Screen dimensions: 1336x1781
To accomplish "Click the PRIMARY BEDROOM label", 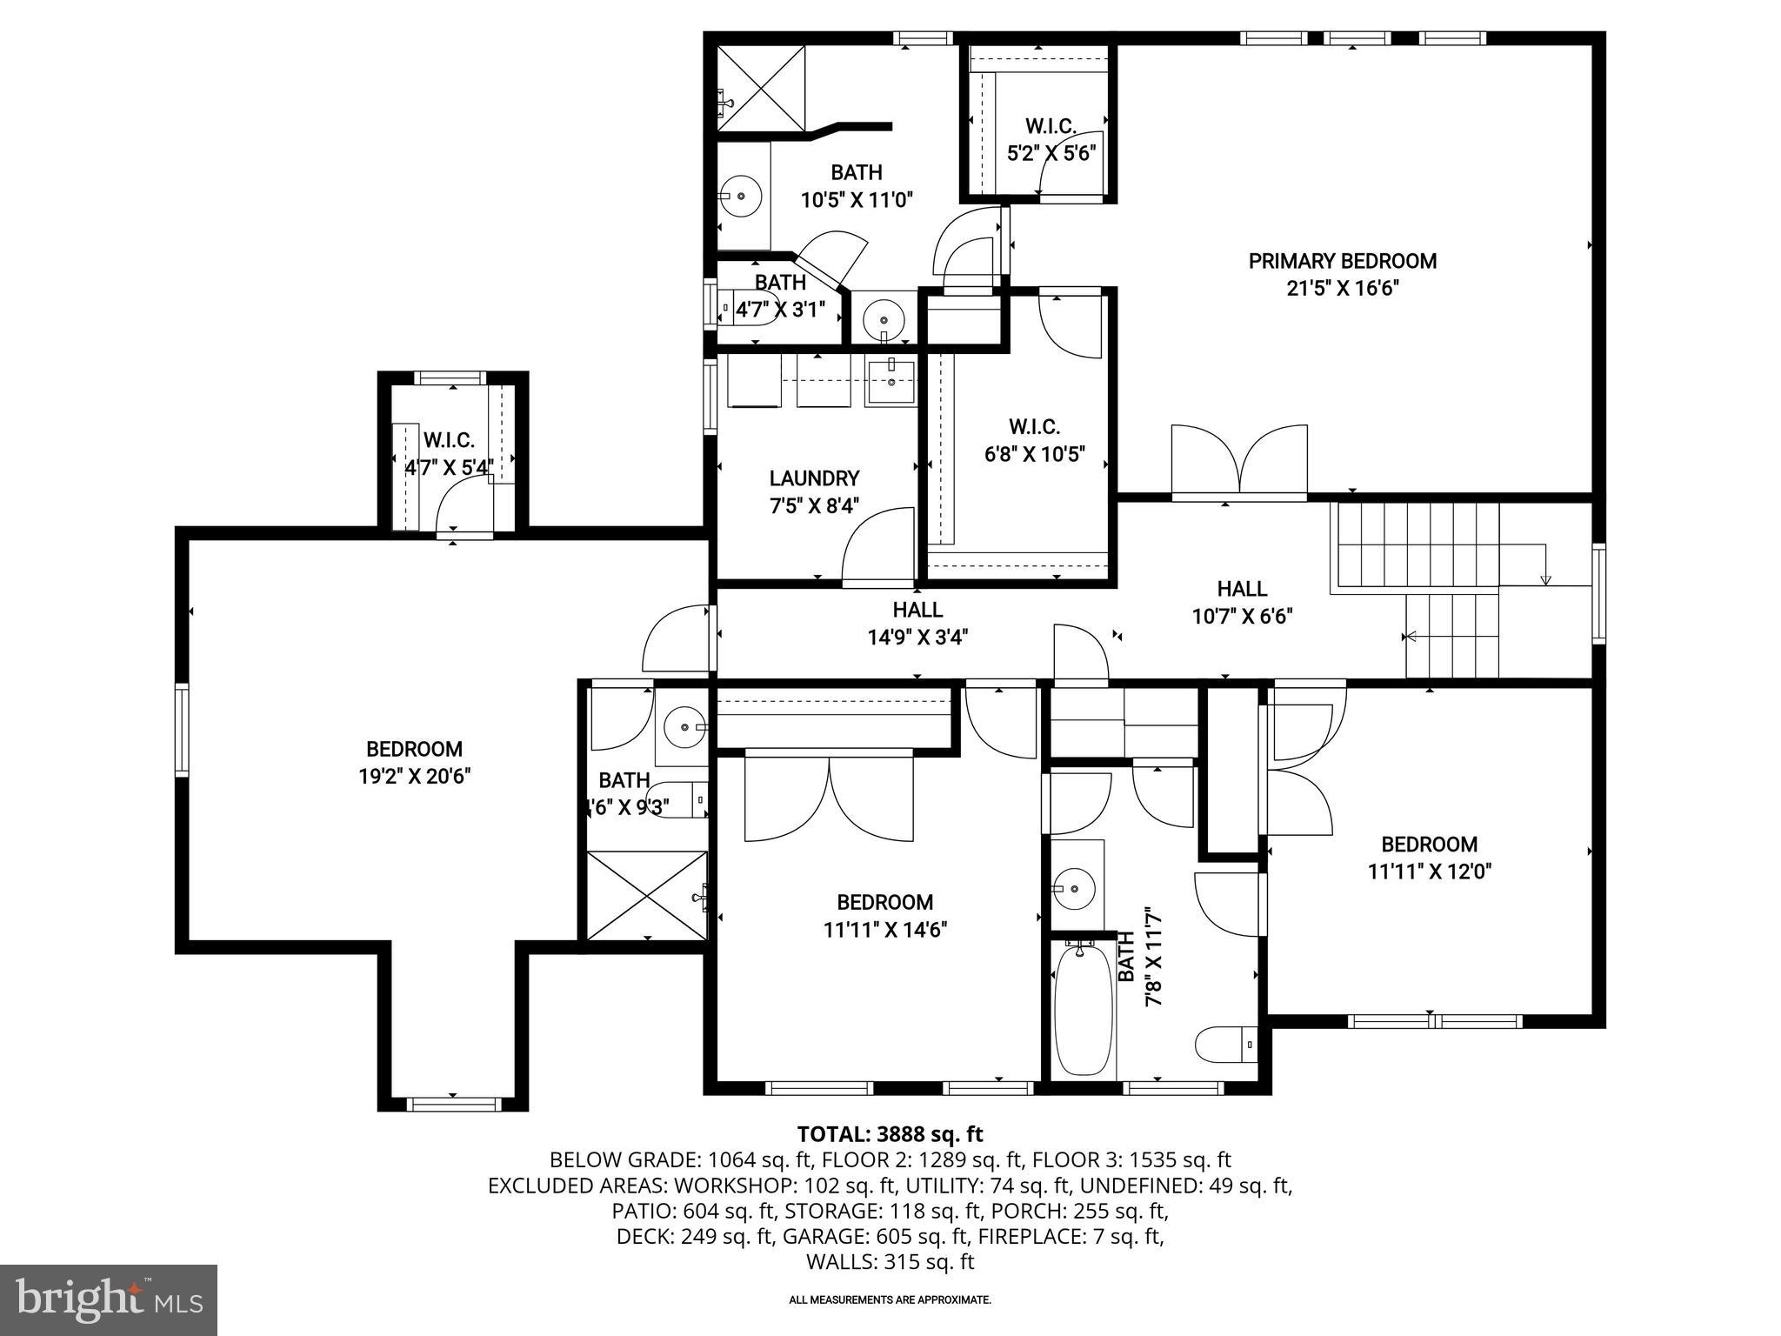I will tap(1342, 261).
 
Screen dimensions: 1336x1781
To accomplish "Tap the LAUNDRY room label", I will tap(814, 478).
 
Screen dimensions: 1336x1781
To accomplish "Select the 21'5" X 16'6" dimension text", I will tap(1342, 288).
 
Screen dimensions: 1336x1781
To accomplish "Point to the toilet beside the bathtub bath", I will tap(1226, 1044).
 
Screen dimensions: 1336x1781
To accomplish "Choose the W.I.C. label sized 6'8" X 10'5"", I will tap(1034, 427).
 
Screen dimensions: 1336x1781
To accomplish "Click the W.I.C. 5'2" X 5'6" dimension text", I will tap(1051, 153).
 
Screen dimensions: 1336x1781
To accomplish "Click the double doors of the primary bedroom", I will tap(1239, 461).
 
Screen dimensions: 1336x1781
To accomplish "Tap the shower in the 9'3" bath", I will tap(647, 896).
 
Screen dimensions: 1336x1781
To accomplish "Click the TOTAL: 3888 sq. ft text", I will tap(890, 1134).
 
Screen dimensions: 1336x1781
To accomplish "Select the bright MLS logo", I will tap(109, 1299).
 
